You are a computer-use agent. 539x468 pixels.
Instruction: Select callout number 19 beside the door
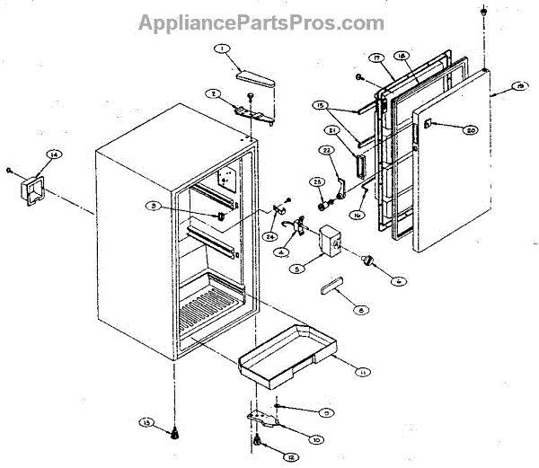(521, 86)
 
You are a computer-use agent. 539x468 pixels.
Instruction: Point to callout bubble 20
(470, 129)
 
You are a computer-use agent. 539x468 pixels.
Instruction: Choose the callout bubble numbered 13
(146, 421)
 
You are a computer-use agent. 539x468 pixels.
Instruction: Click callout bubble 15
(320, 105)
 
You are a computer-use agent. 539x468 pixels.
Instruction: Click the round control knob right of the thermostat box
(367, 260)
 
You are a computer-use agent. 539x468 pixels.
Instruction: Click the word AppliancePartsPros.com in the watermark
(261, 22)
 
